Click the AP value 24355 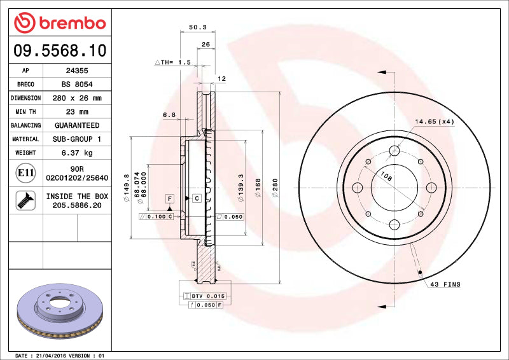[x=77, y=71]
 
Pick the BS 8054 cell [x=77, y=85]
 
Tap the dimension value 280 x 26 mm [x=77, y=99]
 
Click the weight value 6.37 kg [x=77, y=153]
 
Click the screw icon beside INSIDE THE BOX [x=25, y=201]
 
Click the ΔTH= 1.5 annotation [x=173, y=62]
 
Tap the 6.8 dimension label [x=169, y=115]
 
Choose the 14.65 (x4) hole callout [x=434, y=121]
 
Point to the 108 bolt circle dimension [x=386, y=175]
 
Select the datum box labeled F [x=170, y=198]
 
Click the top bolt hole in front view [x=394, y=151]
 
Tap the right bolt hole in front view [x=431, y=188]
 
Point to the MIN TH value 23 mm [x=77, y=112]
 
